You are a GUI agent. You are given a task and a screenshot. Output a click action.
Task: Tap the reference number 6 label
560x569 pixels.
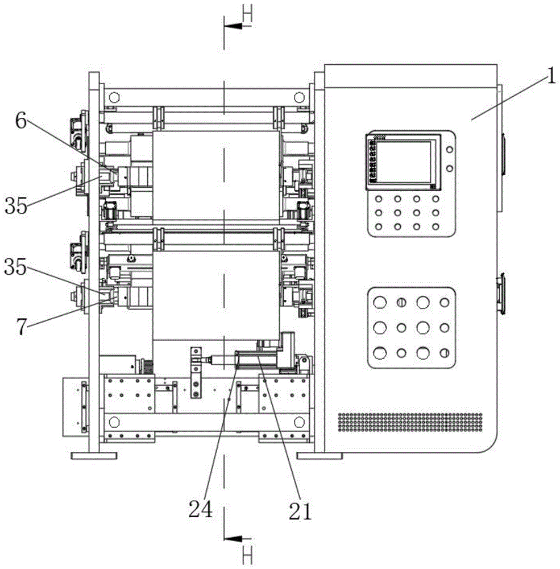20,122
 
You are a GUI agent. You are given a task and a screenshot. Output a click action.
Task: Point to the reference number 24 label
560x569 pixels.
202,508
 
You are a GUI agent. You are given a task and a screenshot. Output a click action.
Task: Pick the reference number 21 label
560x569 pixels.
300,511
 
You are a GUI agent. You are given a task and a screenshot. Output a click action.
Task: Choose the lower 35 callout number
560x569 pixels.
16,266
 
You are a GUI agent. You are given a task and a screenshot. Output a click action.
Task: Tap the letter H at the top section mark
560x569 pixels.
247,14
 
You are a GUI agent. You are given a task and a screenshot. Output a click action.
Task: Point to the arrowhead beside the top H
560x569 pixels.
231,26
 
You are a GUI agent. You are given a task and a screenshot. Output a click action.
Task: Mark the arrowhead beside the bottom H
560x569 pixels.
231,538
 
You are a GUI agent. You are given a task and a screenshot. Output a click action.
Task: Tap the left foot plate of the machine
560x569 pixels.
94,456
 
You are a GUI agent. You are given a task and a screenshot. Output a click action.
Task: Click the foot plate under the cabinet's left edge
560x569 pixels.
320,456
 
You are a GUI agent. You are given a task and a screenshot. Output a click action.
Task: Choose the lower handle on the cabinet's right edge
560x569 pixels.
503,294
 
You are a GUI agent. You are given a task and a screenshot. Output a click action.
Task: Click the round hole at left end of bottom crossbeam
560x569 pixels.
114,422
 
